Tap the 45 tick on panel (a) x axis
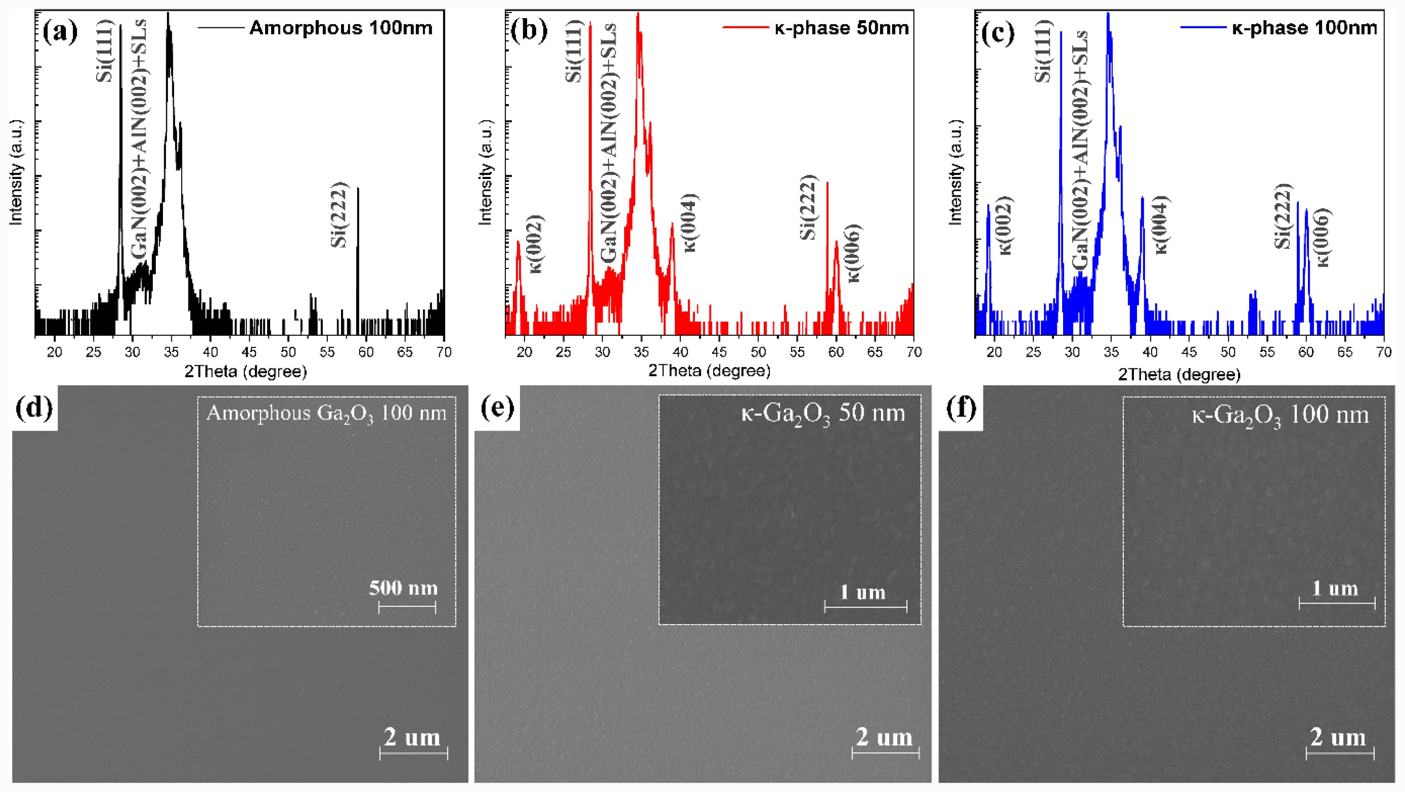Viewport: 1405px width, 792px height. coord(249,352)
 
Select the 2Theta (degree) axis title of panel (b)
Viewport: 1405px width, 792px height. coord(709,372)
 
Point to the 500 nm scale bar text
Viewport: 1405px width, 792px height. coord(404,588)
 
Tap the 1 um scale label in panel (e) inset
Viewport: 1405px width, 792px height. coord(862,592)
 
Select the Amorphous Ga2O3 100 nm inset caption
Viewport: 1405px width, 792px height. coord(326,414)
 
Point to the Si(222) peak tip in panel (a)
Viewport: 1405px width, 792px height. coord(358,188)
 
